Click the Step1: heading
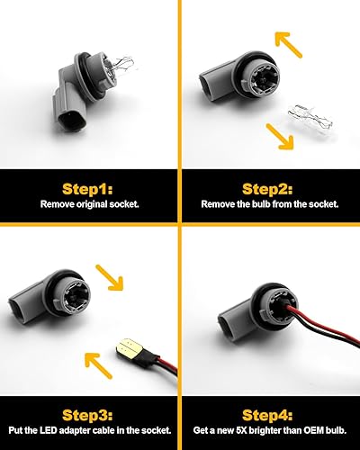click(87, 189)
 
